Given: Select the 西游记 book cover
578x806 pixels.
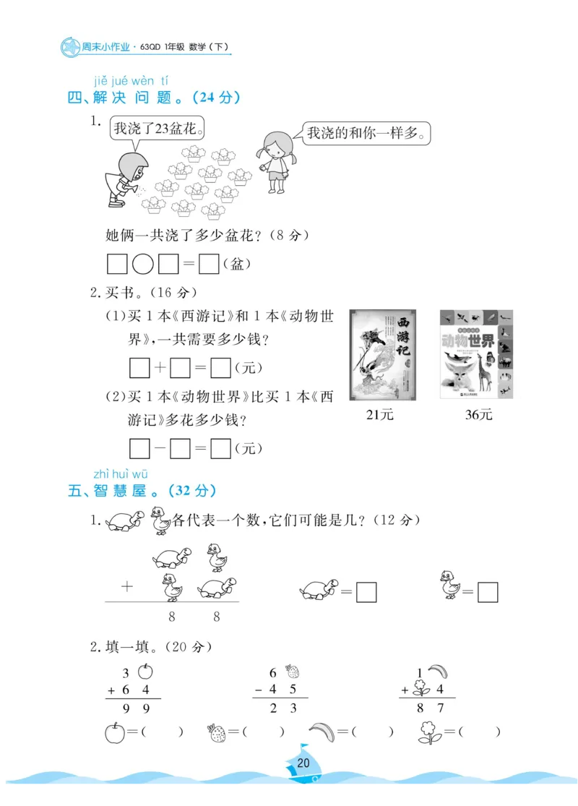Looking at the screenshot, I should tap(384, 353).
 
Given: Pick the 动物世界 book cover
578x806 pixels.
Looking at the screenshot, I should tap(477, 353).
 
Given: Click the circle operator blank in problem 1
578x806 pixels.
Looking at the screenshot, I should tap(143, 265).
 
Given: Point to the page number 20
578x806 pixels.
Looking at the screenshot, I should tap(303, 763).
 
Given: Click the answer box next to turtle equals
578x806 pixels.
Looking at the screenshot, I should tap(367, 593).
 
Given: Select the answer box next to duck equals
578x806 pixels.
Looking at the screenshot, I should tap(488, 593).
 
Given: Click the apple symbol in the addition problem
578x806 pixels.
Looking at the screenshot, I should tap(144, 672).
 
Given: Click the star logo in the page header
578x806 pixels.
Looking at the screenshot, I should tap(69, 48).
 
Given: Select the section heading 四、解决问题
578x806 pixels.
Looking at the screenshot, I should tap(153, 98).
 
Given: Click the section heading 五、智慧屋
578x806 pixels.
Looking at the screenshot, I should tap(142, 491).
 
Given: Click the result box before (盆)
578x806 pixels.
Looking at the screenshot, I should tap(209, 265).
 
